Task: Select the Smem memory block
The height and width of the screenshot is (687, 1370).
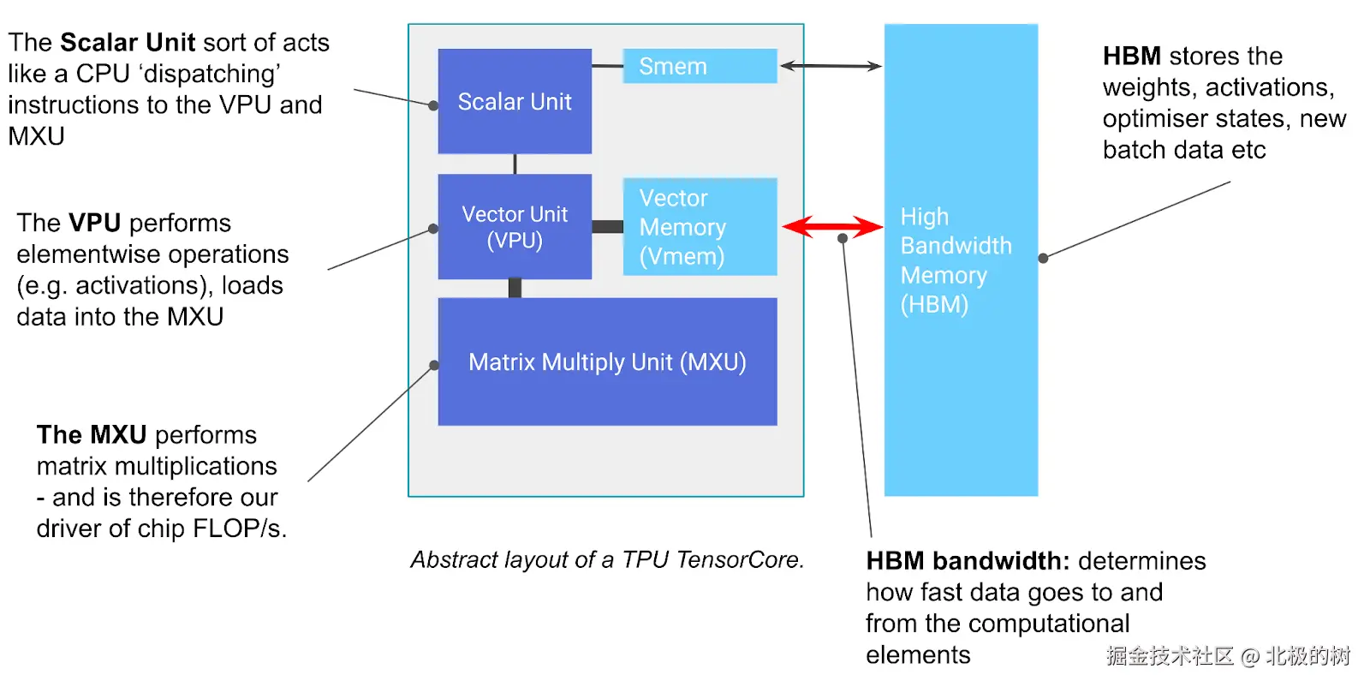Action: [x=700, y=66]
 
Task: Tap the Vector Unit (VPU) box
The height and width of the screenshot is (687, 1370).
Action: [x=515, y=227]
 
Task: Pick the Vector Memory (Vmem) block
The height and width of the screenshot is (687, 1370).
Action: [x=700, y=227]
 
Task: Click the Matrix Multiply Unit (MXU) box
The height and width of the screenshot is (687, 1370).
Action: [x=607, y=361]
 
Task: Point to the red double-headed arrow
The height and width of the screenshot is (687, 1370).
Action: [x=831, y=227]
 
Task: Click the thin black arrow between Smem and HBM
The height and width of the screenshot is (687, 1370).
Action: [x=831, y=66]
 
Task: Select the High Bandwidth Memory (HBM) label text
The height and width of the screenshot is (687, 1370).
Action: [x=955, y=260]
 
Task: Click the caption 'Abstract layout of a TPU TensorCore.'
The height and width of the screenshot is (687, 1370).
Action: [x=607, y=559]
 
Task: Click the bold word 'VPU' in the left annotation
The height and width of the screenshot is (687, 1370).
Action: [x=94, y=223]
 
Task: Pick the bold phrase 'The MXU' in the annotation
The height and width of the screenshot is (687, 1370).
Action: [x=92, y=434]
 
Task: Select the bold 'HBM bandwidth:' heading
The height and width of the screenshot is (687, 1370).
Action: [x=968, y=561]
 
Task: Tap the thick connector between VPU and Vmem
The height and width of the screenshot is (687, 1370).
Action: [x=607, y=227]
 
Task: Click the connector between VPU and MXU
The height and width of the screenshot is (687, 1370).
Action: [x=515, y=288]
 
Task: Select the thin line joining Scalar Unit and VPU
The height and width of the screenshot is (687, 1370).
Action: [x=515, y=164]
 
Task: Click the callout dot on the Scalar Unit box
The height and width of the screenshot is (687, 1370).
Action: [x=433, y=105]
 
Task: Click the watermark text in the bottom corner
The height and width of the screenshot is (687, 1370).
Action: [x=1227, y=656]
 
